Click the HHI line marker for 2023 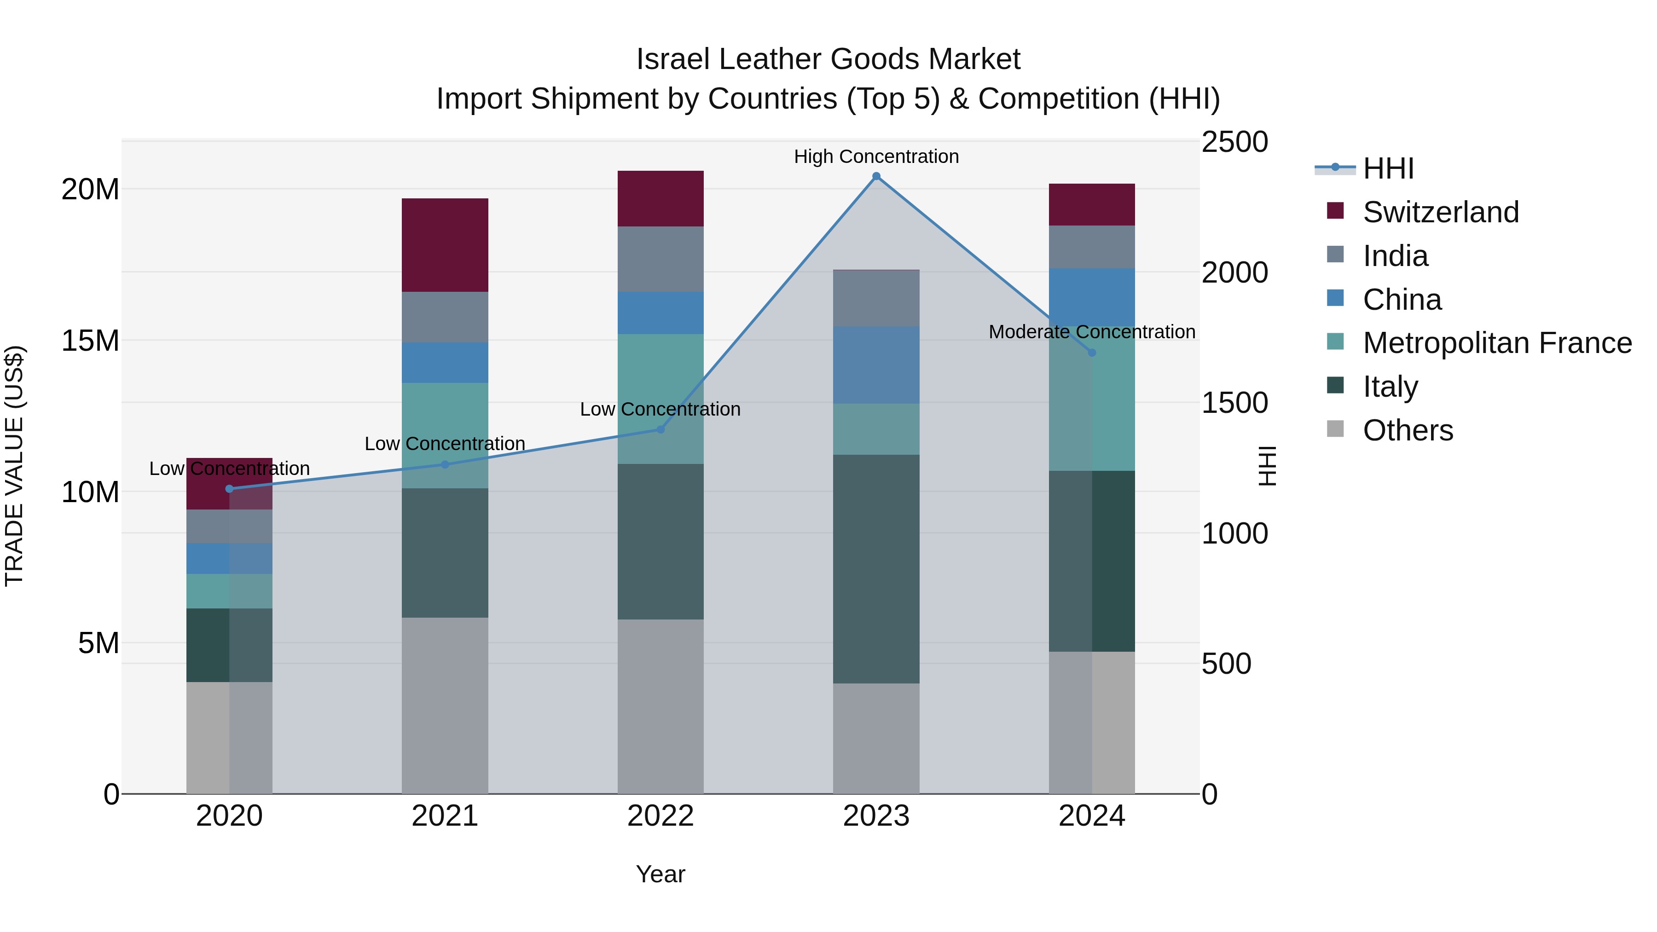click(876, 176)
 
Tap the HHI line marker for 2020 click(230, 489)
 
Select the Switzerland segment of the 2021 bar click(445, 245)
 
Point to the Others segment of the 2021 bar click(445, 706)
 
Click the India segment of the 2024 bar click(1092, 247)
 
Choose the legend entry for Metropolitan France click(1496, 343)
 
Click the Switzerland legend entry click(1440, 212)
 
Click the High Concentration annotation click(876, 156)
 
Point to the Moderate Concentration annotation click(1092, 332)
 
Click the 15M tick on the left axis click(90, 341)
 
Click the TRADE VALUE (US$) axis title click(14, 466)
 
